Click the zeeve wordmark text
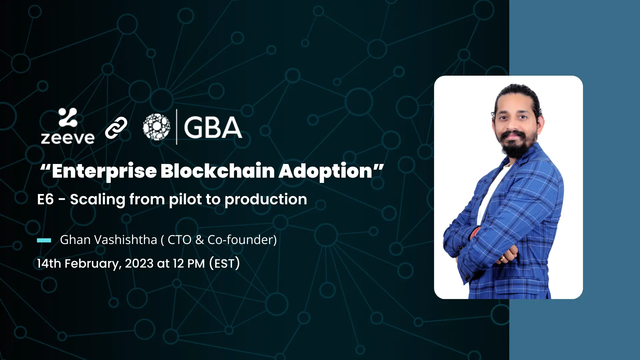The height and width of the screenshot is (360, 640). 68,138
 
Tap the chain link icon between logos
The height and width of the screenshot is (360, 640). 116,128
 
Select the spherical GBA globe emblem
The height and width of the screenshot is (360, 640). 156,127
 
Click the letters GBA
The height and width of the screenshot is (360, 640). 213,127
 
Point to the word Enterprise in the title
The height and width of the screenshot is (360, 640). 104,172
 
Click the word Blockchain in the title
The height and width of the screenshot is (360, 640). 217,171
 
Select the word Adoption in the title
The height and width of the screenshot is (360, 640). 325,172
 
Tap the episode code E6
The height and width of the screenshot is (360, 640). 45,199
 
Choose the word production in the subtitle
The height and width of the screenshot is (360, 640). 266,200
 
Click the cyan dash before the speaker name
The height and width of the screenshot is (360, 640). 44,240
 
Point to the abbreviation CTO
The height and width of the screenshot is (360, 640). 179,240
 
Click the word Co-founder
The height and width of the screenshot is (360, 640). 240,240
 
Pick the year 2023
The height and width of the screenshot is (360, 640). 139,263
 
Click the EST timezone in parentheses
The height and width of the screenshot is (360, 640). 224,263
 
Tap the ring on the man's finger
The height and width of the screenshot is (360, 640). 502,258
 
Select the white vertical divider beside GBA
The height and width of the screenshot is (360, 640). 177,127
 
